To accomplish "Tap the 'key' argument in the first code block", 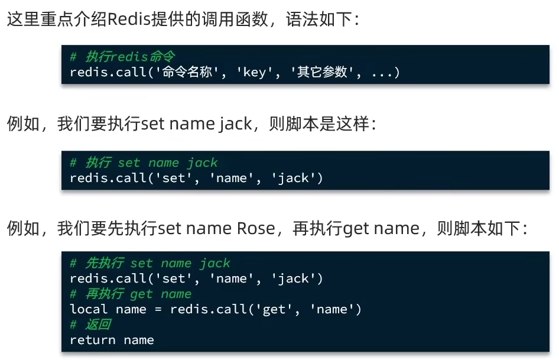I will point(255,73).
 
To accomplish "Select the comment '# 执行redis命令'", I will point(122,57).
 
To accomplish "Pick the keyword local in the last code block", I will point(89,309).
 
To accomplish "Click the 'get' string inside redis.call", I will point(274,309).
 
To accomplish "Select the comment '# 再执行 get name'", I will point(131,294).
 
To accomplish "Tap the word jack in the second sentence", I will point(236,125).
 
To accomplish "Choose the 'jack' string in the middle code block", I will point(293,178).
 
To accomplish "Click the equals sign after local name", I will point(158,309).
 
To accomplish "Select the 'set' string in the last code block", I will point(174,278).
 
